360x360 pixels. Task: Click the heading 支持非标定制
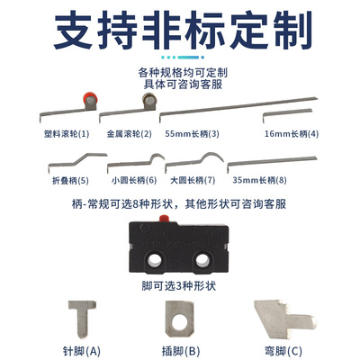click(x=180, y=32)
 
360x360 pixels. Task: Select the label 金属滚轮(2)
click(x=128, y=133)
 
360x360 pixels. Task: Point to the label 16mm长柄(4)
click(x=291, y=133)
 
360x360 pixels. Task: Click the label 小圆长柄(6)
click(x=131, y=179)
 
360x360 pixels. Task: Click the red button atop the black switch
click(x=165, y=220)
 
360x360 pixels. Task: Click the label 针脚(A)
click(x=83, y=350)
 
